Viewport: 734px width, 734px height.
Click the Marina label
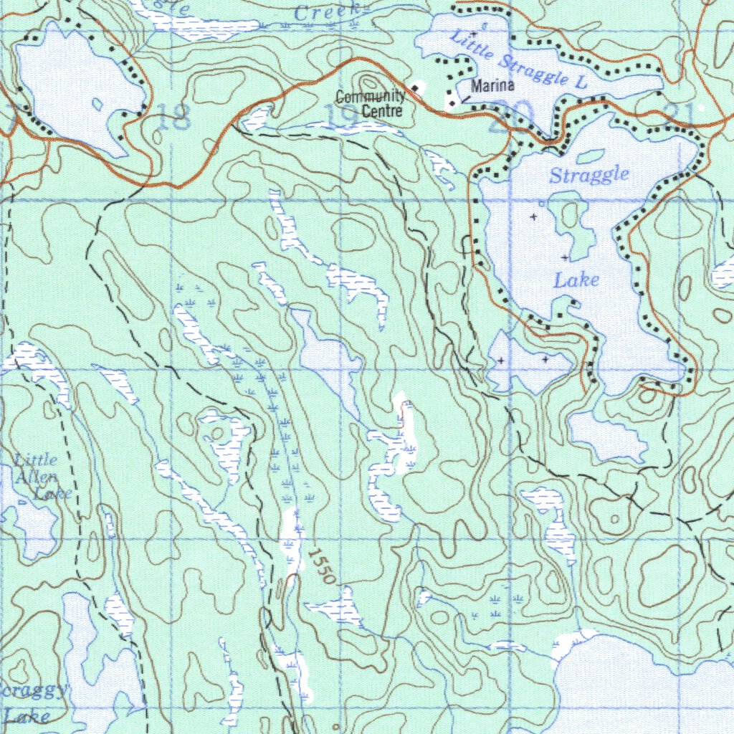pyautogui.click(x=492, y=86)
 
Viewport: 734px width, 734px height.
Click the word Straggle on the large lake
pyautogui.click(x=589, y=174)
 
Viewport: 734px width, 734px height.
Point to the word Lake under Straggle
pyautogui.click(x=576, y=280)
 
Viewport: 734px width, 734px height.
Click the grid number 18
pyautogui.click(x=173, y=116)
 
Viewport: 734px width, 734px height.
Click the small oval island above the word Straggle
pyautogui.click(x=589, y=156)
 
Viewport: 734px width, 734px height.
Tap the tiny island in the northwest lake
pyautogui.click(x=98, y=104)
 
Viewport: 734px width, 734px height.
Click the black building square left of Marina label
pyautogui.click(x=452, y=103)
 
